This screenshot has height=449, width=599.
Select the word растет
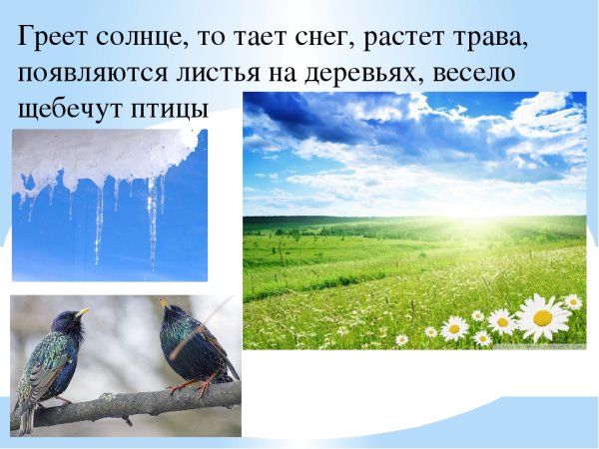[x=410, y=39]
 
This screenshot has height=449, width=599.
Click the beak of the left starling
[x=84, y=313]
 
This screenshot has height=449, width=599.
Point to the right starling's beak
[x=162, y=303]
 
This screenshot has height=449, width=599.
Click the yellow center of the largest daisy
[x=542, y=317]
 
